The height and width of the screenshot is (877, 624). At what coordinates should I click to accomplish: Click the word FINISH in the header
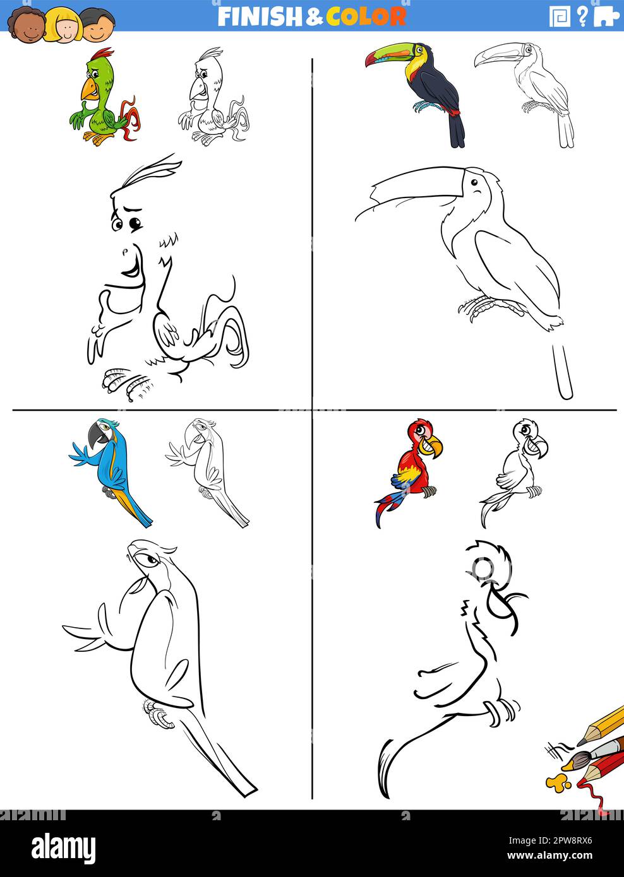point(259,16)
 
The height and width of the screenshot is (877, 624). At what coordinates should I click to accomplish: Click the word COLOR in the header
point(366,16)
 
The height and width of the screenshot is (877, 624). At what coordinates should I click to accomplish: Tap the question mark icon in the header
point(582,16)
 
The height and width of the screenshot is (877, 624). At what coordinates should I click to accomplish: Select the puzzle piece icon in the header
point(606,16)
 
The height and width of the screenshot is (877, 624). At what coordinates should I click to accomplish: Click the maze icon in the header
point(560,16)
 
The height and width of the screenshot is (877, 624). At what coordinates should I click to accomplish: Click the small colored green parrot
point(103,97)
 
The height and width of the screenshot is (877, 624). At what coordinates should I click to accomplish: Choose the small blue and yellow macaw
point(111,473)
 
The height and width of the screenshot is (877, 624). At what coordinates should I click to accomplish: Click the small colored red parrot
point(409,473)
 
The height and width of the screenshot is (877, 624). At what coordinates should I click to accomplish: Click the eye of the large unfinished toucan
point(474,182)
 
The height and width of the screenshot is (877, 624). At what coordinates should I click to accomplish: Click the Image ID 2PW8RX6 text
point(550,840)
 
